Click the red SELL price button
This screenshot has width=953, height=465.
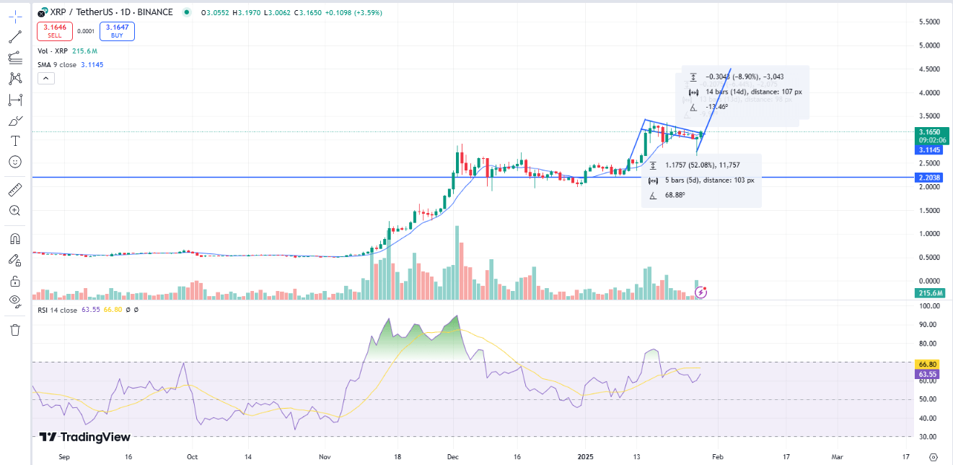[55, 31]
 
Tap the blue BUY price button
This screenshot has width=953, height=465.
[117, 31]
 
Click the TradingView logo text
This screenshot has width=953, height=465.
[85, 437]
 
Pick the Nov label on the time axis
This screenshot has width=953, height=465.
[324, 457]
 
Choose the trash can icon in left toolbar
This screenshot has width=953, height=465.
[15, 330]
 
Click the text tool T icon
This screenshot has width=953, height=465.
[15, 140]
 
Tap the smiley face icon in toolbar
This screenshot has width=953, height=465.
[15, 161]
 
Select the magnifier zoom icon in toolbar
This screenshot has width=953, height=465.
[15, 210]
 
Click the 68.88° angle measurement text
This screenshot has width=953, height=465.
[675, 195]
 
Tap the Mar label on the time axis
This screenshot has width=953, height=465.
[837, 457]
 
